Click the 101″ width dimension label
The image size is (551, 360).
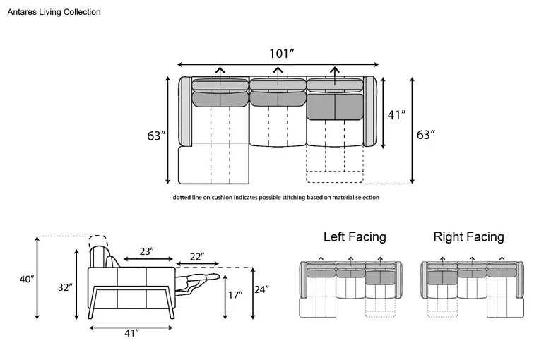(x=281, y=54)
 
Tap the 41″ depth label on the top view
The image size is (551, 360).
(x=397, y=115)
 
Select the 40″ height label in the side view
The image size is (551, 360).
(x=27, y=280)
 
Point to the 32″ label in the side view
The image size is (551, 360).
(x=66, y=287)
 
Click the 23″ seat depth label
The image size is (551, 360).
(x=147, y=251)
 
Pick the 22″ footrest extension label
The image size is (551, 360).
(x=197, y=257)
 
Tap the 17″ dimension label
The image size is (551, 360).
(x=235, y=295)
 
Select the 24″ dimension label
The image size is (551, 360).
(x=262, y=289)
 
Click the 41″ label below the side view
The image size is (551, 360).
(x=132, y=333)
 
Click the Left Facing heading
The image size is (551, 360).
(x=355, y=236)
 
